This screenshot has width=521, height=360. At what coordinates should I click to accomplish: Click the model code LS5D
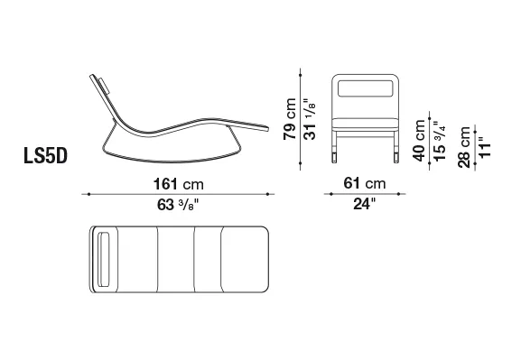point(45,155)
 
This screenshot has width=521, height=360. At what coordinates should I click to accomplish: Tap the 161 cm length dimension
point(179,184)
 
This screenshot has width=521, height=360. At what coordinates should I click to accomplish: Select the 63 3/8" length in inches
point(178,205)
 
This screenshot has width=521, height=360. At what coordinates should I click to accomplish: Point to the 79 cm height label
point(290,119)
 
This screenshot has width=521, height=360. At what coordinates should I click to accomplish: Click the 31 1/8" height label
point(310,119)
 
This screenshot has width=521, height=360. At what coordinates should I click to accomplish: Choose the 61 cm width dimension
point(365,183)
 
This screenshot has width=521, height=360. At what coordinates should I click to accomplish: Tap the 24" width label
point(364,204)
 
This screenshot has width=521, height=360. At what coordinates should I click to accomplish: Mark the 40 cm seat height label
point(419,140)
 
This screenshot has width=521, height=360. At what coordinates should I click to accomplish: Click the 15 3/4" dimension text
point(439,141)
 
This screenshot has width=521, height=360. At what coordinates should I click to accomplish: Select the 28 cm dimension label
point(464,147)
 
